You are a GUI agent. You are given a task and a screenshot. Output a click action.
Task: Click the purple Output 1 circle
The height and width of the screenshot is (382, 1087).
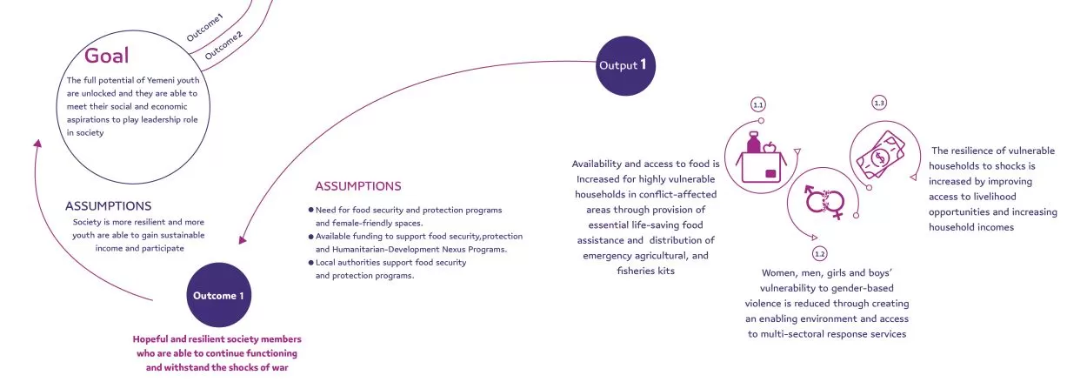[x=625, y=65]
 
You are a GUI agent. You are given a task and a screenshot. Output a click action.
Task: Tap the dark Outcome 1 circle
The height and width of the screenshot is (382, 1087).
[x=219, y=295]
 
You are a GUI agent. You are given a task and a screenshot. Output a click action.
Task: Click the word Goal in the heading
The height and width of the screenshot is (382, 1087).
[x=107, y=56]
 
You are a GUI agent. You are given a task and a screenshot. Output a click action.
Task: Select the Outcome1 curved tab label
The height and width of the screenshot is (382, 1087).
[x=204, y=27]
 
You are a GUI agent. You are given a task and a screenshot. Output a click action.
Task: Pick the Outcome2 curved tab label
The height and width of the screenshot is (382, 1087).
[x=223, y=45]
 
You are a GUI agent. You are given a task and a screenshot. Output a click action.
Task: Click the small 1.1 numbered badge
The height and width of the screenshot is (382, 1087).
[x=757, y=104]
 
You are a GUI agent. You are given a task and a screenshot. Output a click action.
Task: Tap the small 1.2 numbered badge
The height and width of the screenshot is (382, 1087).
[x=820, y=254]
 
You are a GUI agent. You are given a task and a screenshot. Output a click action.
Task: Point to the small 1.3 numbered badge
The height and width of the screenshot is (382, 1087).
[x=879, y=103]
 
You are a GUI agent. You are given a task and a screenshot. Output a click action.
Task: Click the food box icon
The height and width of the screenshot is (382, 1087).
[x=760, y=157]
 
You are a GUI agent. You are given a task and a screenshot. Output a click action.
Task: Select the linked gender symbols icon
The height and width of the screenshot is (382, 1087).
[x=824, y=202]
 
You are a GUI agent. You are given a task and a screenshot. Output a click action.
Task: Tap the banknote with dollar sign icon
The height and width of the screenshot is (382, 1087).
[x=881, y=156]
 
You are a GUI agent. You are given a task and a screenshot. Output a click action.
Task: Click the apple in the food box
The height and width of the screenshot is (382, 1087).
[x=770, y=147]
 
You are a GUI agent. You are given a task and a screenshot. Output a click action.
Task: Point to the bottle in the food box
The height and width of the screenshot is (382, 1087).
[x=753, y=143]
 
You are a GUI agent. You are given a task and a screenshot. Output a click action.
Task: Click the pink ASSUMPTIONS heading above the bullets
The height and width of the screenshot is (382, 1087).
[x=358, y=186]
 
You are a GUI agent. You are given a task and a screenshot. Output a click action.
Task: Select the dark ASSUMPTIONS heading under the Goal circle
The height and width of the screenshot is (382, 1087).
[x=108, y=206]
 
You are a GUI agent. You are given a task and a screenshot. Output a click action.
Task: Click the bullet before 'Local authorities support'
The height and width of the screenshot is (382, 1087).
[x=311, y=263]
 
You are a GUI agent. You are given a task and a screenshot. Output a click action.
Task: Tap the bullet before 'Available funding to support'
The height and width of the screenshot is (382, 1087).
[x=311, y=237]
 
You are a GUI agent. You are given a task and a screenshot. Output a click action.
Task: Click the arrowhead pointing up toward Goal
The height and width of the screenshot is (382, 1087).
[x=37, y=144]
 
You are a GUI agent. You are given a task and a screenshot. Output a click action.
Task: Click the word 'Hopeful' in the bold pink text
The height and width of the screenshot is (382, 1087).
[x=152, y=339]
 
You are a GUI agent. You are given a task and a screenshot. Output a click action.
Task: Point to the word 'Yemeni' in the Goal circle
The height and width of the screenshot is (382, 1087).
[x=160, y=80]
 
